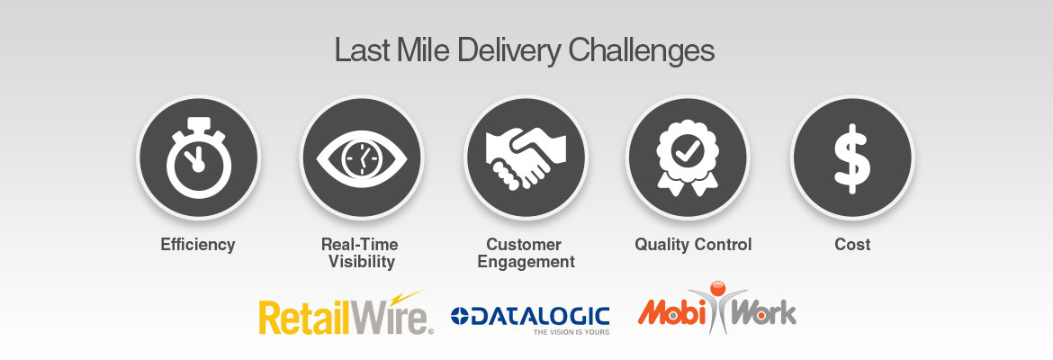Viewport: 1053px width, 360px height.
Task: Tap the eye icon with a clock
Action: coord(361,157)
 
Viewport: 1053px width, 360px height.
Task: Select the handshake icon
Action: coord(526,157)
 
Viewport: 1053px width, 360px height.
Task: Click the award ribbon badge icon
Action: coord(687,157)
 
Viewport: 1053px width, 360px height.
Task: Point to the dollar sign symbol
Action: coord(851,158)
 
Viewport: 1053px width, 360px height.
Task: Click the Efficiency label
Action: coord(198,245)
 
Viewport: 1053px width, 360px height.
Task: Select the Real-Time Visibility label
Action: coord(361,253)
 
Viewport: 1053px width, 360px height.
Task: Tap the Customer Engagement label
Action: coord(526,253)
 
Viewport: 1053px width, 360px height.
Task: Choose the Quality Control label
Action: coord(693,245)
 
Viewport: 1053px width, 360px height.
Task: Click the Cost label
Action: coord(852,245)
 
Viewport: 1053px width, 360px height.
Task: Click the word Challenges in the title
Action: coord(642,52)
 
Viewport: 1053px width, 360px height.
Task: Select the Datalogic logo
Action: coord(530,319)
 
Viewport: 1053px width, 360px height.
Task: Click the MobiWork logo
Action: coord(717,309)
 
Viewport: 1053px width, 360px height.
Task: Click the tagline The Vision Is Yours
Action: coord(571,332)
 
